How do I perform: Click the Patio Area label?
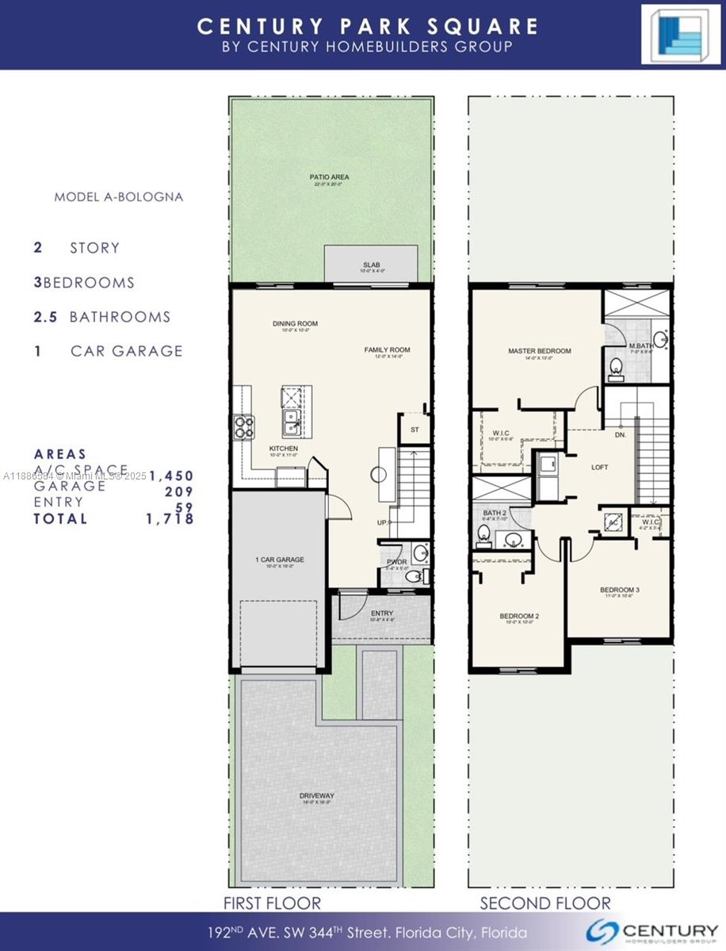[329, 177]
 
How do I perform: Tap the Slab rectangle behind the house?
[371, 264]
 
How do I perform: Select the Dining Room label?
[295, 323]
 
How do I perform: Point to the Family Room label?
[387, 349]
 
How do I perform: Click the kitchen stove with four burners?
[243, 427]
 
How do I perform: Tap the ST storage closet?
[414, 430]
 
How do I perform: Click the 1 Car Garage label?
[279, 560]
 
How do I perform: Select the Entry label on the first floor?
[381, 613]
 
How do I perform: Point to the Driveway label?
[316, 796]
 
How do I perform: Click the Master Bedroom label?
[539, 350]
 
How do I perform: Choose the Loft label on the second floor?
[600, 467]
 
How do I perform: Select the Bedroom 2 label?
[519, 616]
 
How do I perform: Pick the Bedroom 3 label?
[619, 590]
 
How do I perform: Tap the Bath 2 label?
[495, 514]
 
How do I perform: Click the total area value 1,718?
[170, 519]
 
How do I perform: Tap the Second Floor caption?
[545, 903]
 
